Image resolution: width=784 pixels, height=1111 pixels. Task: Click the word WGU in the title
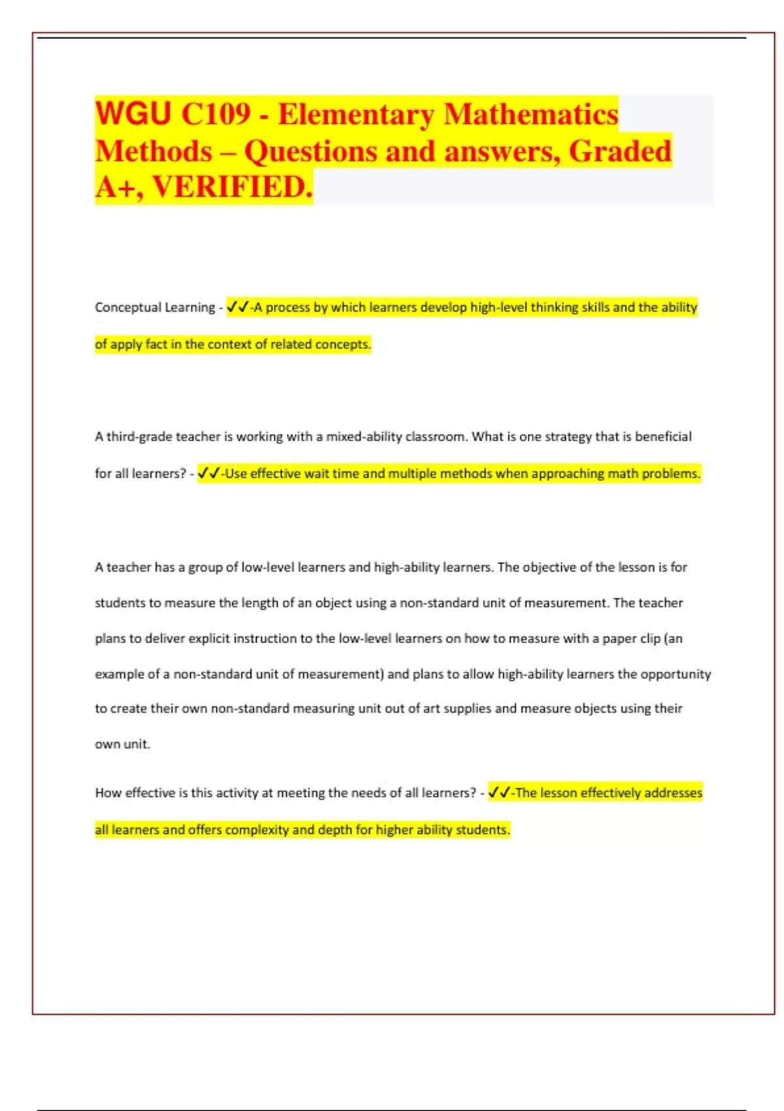[133, 114]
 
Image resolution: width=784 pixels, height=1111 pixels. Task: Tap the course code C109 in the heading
[215, 114]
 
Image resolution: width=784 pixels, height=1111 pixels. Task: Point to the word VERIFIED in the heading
[232, 187]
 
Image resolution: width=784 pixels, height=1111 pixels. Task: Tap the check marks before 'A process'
[237, 307]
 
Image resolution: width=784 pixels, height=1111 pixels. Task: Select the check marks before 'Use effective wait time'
[208, 473]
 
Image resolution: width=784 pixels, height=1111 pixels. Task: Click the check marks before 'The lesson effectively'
[499, 793]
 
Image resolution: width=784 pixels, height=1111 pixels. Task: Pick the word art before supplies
[431, 708]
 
